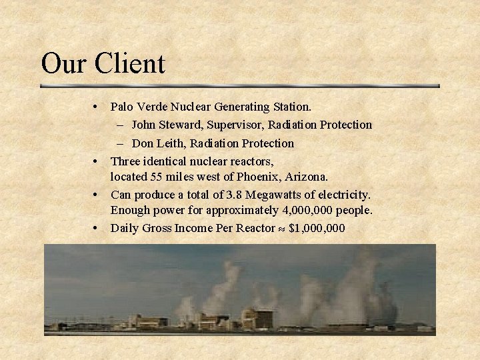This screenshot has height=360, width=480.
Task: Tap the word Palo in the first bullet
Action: coord(121,107)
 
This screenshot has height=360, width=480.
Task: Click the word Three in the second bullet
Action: coord(125,161)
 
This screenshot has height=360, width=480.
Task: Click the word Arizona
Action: coord(306,177)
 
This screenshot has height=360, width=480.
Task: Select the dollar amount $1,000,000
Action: coord(317,228)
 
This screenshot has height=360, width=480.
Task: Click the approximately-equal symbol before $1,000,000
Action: coord(282,229)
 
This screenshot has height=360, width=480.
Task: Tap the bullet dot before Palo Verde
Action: coord(97,107)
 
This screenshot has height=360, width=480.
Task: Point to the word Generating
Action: coord(241,107)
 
